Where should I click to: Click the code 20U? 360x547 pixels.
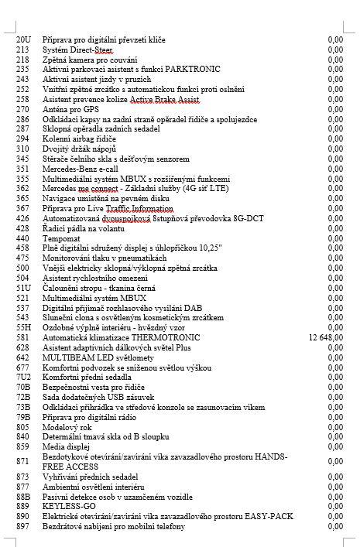click(x=23, y=39)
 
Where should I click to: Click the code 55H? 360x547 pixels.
click(x=23, y=327)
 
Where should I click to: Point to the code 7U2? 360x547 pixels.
click(x=23, y=378)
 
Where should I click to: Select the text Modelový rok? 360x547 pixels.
click(x=67, y=427)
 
